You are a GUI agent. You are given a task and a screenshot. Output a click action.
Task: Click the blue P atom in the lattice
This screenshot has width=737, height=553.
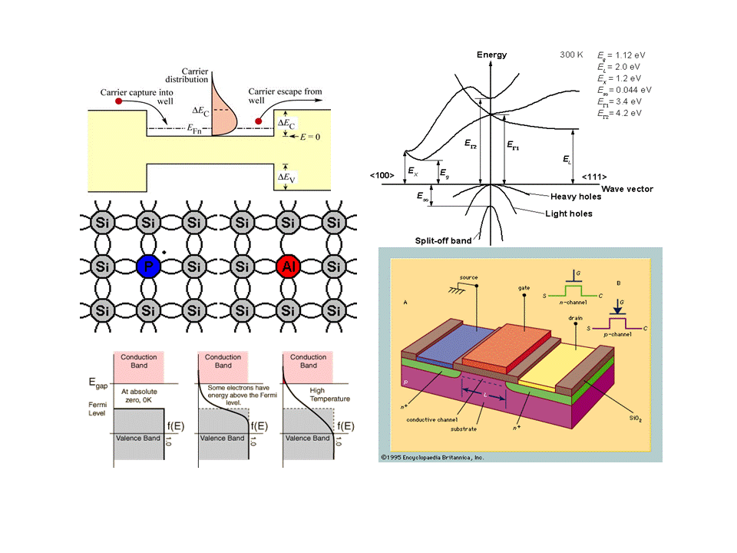146,267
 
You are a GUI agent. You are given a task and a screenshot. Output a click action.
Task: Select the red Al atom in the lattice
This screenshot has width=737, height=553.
287,267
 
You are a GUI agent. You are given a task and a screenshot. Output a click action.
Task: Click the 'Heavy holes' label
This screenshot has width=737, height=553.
576,197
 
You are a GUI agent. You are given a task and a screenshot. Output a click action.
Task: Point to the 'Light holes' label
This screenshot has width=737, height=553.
569,214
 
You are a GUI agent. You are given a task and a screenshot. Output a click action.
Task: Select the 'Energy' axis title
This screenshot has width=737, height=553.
491,55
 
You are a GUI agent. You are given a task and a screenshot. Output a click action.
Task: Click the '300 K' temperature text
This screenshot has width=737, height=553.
571,55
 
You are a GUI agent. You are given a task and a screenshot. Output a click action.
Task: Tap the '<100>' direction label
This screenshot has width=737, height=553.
382,176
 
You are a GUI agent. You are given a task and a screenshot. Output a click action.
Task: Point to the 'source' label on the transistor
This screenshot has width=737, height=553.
469,276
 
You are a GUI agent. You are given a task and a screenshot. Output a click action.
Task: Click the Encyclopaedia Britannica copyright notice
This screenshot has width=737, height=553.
431,457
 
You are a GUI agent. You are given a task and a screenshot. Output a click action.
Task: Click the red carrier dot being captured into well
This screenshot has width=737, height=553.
119,101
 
